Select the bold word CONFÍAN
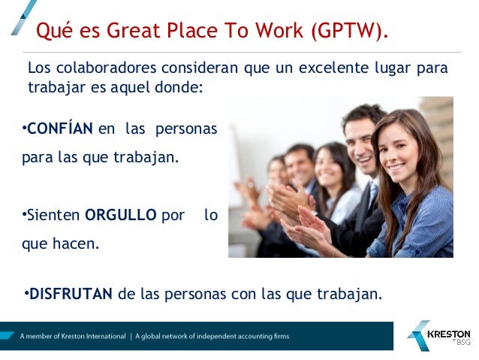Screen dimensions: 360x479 click(60, 129)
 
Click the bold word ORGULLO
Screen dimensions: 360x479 click(121, 215)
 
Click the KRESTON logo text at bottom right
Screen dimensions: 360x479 click(448, 334)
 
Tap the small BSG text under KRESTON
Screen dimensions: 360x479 click(462, 343)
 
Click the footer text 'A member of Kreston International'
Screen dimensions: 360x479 click(73, 336)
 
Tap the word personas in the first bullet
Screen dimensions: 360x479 click(186, 129)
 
